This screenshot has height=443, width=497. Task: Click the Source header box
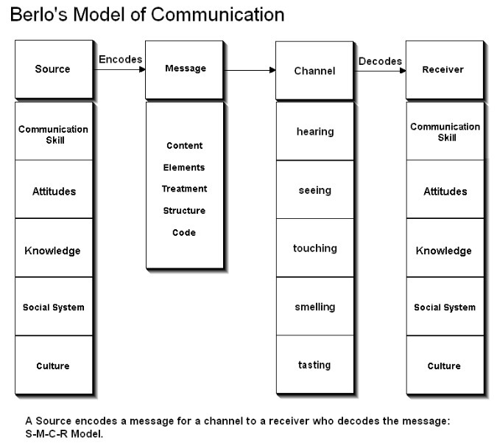point(53,69)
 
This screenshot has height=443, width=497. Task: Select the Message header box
point(185,69)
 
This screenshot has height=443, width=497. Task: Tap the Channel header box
point(314,71)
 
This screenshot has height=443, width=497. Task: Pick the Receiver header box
point(445,70)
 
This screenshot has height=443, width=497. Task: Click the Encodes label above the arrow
point(120,58)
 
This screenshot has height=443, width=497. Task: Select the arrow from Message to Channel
point(250,71)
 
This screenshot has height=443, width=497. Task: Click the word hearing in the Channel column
point(314,132)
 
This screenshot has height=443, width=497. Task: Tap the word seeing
point(314,190)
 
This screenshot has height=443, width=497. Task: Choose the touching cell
point(314,248)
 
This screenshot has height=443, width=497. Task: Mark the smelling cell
point(314,307)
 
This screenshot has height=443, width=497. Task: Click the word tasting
point(314,365)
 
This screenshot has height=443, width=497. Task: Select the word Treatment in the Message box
point(184,189)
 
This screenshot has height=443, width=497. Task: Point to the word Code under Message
point(184,233)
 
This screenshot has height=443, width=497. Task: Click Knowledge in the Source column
point(53,251)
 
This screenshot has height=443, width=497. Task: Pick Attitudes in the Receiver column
point(445,192)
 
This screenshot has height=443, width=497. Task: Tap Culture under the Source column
point(53,366)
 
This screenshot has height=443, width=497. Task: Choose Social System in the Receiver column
point(445,307)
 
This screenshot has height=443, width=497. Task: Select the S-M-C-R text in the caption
point(46,434)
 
